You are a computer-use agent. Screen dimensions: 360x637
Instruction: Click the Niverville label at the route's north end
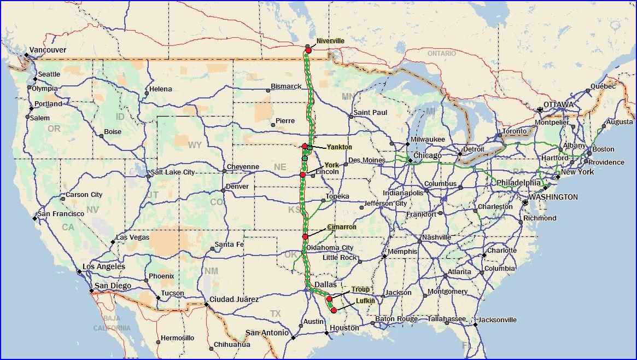[x=330, y=41]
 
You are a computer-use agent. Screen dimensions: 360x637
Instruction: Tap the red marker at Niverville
[x=308, y=50]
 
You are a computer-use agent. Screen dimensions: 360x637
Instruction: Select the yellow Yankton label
[x=339, y=147]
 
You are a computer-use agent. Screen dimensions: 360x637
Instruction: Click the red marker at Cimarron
[x=305, y=236]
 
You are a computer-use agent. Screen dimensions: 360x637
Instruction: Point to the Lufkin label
[x=365, y=301]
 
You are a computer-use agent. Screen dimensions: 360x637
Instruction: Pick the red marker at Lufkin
[x=334, y=310]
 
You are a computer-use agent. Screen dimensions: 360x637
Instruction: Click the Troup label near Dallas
[x=360, y=289]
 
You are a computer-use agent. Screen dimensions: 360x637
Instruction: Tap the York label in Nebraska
[x=331, y=165]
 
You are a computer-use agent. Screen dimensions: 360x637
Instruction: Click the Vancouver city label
[x=48, y=50]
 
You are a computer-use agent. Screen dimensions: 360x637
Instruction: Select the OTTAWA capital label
[x=558, y=104]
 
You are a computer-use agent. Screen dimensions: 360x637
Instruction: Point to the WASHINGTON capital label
[x=553, y=197]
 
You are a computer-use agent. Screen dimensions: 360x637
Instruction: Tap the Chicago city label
[x=428, y=156]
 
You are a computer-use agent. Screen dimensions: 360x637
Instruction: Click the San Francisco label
[x=61, y=214]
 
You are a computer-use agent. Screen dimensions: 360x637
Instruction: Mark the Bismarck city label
[x=286, y=86]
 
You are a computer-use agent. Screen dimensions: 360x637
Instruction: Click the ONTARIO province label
[x=441, y=54]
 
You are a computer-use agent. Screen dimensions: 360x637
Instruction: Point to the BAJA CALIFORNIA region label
[x=112, y=323]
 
